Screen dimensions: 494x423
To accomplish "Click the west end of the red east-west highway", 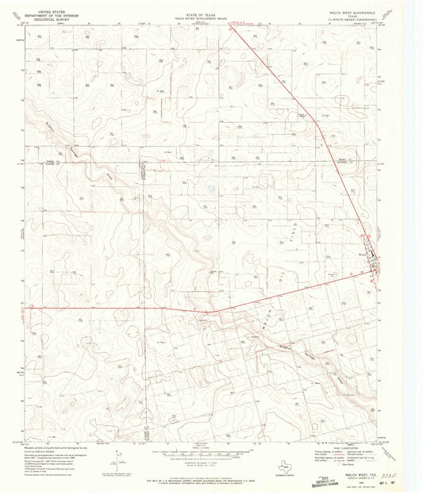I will click(25, 308).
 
